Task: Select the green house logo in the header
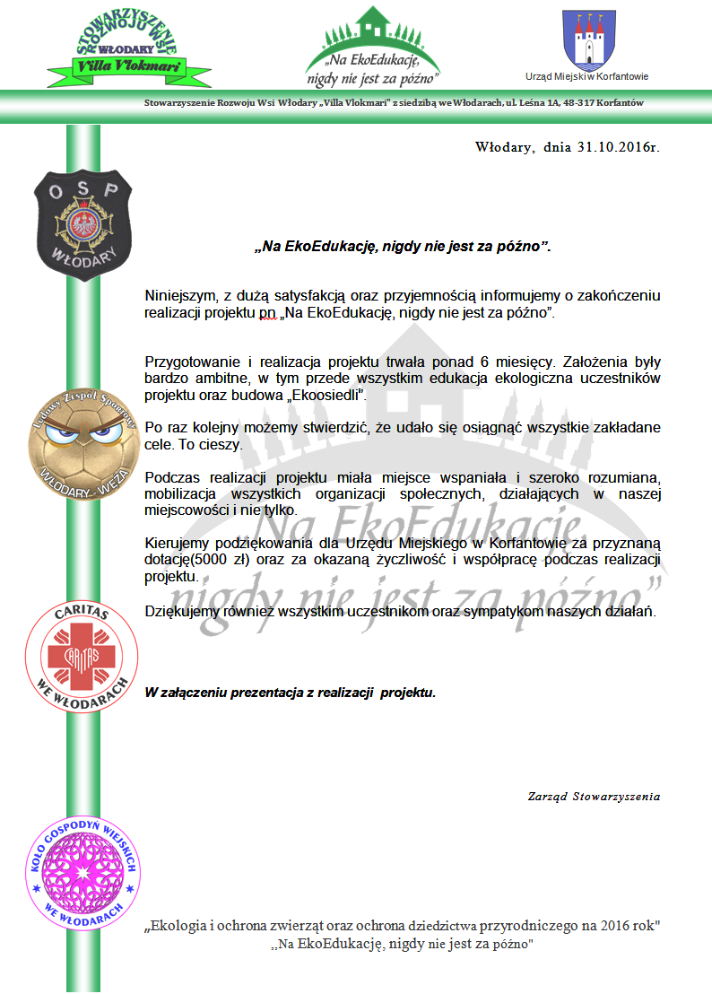point(372,45)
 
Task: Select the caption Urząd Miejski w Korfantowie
point(586,77)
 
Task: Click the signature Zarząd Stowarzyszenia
point(594,796)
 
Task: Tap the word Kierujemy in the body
point(177,543)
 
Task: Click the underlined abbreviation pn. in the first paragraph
point(259,312)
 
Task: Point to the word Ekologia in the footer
point(179,925)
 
